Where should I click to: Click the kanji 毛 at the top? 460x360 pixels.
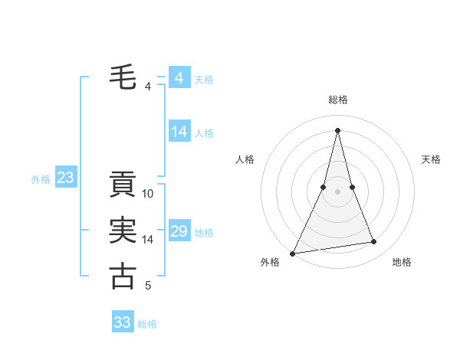123,77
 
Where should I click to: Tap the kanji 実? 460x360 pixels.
123,231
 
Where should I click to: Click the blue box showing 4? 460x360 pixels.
179,78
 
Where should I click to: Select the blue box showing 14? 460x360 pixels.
179,132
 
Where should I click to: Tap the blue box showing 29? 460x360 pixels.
179,231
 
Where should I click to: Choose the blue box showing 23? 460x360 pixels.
65,178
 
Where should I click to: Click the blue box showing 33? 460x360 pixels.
123,322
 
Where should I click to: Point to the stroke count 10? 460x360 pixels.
149,194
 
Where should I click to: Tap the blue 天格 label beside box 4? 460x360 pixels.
204,79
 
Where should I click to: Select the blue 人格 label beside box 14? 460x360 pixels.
204,133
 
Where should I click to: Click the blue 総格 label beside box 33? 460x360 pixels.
147,323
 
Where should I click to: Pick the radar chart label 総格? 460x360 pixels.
338,100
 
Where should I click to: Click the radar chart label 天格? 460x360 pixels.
432,159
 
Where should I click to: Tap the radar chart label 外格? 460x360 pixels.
270,262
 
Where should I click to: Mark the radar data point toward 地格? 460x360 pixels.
374,242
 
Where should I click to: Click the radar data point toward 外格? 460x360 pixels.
293,253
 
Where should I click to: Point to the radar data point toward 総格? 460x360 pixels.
338,130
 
